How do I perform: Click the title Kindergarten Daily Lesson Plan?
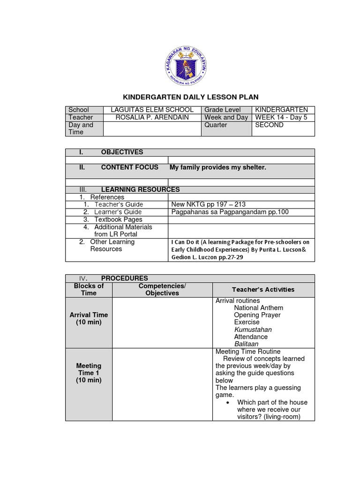(190, 97)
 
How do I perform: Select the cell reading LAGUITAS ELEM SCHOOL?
(151, 110)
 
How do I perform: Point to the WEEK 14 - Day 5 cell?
(281, 117)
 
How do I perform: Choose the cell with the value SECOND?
(269, 125)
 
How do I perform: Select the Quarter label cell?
(216, 125)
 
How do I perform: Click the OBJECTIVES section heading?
(122, 152)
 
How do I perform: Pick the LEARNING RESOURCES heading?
(140, 189)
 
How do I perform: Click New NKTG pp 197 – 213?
(209, 204)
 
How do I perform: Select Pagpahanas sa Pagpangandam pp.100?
(230, 212)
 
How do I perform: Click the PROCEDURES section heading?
(124, 278)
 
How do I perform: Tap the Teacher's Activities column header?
(263, 289)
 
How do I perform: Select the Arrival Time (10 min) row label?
(89, 319)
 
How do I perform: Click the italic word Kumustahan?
(253, 330)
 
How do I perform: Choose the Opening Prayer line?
(257, 315)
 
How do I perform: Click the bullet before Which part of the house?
(227, 402)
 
